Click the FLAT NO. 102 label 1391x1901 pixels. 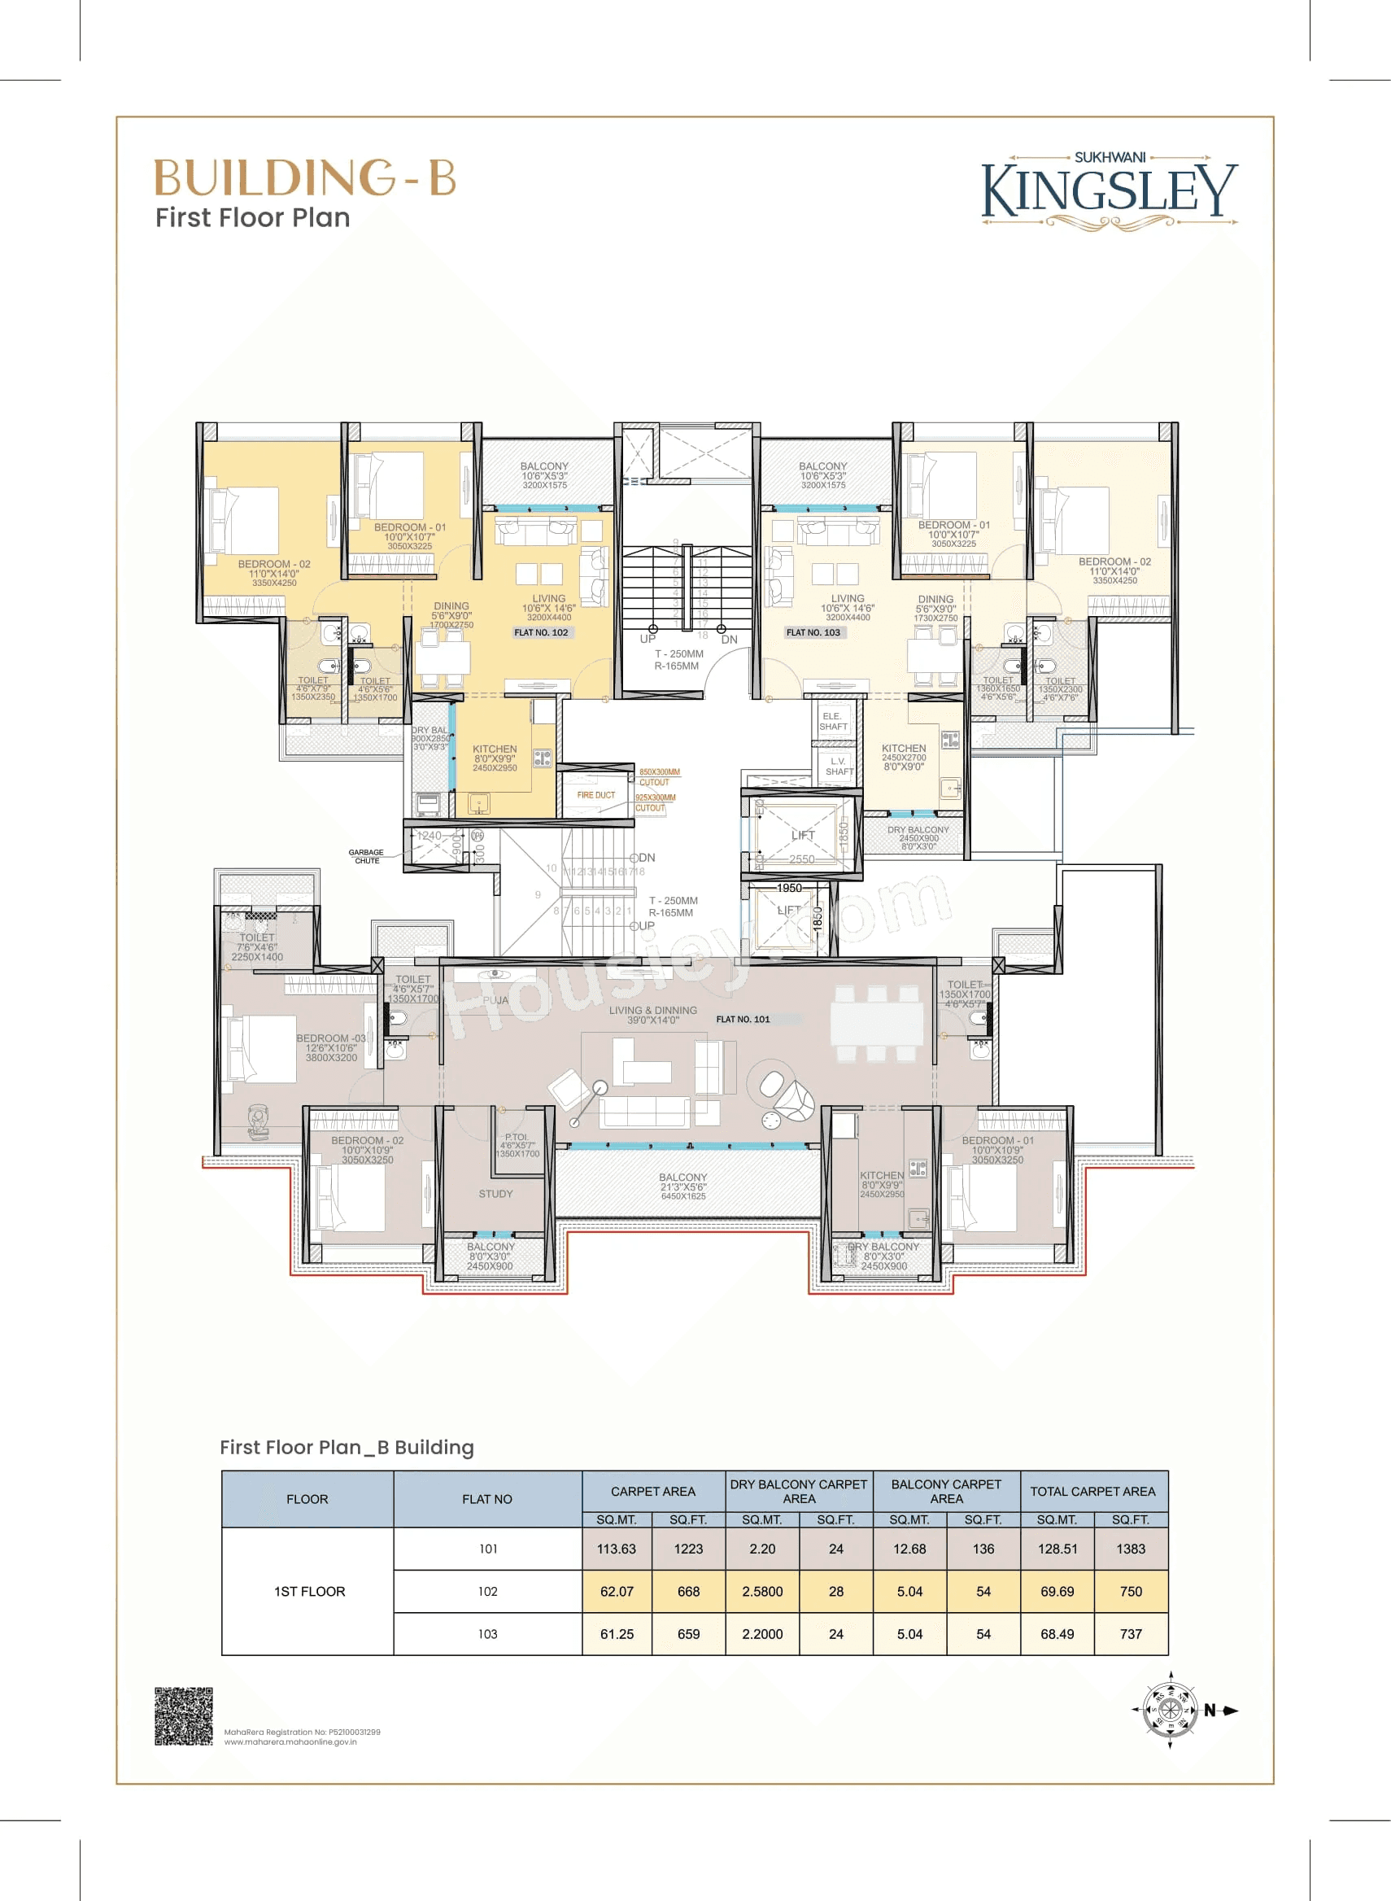tap(541, 632)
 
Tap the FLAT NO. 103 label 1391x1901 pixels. tap(813, 632)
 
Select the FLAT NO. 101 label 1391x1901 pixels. tap(743, 1019)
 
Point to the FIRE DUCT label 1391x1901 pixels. tap(595, 795)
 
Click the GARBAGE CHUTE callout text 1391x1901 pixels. tap(366, 857)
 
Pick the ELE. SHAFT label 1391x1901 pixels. tap(833, 721)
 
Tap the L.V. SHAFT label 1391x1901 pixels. tap(839, 767)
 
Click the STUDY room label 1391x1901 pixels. tap(495, 1194)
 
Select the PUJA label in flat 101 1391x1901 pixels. tap(495, 1000)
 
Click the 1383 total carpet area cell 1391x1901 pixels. tap(1130, 1549)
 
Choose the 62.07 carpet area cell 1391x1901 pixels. tap(617, 1591)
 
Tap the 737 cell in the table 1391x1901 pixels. tap(1130, 1634)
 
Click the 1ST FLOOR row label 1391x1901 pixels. tap(309, 1591)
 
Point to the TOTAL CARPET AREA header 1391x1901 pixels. tap(1092, 1492)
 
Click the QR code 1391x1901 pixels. tap(184, 1715)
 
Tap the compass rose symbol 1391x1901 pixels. tap(1169, 1711)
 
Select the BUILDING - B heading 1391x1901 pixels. tap(305, 177)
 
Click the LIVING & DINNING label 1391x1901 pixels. tap(652, 1015)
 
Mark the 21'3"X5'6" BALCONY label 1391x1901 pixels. tap(682, 1186)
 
